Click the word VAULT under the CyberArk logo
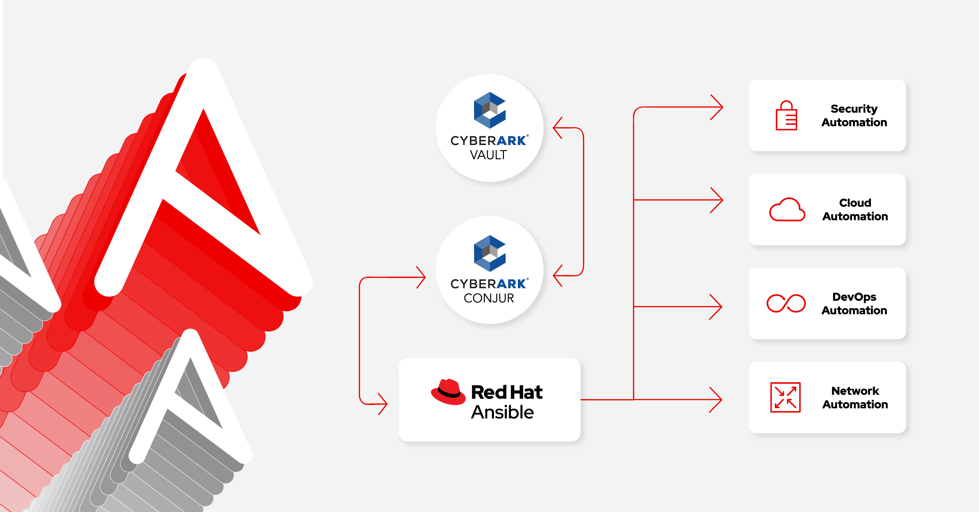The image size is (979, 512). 488,155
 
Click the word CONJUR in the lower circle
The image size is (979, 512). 489,298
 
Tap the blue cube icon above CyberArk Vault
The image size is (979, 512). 489,110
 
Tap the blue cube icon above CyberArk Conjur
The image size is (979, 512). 489,253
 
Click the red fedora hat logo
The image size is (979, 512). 448,392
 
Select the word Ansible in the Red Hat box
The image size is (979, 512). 502,412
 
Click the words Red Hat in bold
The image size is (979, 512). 507,392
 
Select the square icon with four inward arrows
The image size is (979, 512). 785,397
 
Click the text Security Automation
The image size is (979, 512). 854,115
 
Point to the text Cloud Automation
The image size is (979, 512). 855,210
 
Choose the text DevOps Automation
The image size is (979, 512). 854,304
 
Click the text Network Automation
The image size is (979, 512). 855,397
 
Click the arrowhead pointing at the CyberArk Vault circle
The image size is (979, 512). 557,128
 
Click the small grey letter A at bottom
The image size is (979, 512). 190,399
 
